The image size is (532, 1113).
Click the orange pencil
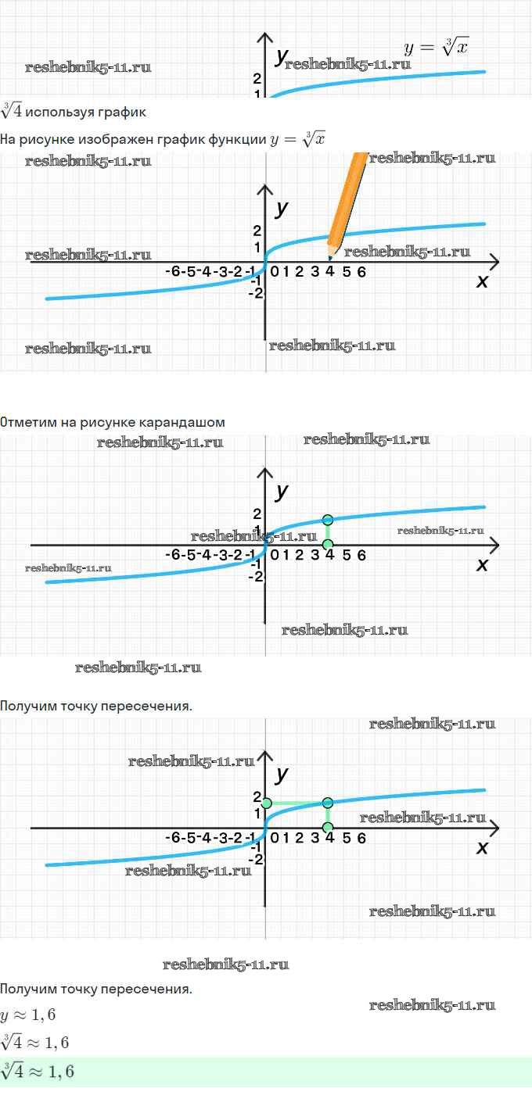coord(347,204)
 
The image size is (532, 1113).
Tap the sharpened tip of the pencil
coord(329,259)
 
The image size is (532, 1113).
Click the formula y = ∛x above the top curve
coord(436,47)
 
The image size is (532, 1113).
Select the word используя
coord(59,113)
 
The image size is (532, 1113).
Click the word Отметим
coord(28,422)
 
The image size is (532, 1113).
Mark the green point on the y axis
coord(267,803)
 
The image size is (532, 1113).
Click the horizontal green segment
coord(297,803)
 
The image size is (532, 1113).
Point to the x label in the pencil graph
coord(482,281)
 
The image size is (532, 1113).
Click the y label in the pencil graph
coord(282,209)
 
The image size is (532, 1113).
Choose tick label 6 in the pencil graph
coord(361,272)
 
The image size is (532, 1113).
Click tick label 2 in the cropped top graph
coord(257,78)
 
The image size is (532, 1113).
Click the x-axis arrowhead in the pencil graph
coord(494,261)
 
